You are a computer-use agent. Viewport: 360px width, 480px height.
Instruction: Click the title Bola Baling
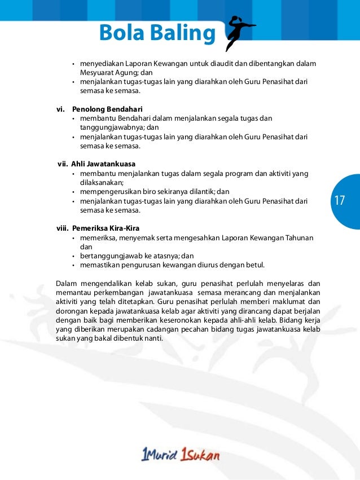(x=156, y=34)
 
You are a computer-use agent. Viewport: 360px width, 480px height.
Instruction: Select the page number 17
(x=340, y=201)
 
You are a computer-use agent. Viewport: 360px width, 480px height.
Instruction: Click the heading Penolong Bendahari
(x=107, y=108)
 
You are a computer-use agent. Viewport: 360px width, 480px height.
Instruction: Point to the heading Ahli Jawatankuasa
(x=103, y=164)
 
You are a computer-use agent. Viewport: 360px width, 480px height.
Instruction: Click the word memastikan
(x=99, y=265)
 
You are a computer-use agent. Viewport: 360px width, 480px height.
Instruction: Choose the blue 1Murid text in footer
(x=159, y=455)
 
